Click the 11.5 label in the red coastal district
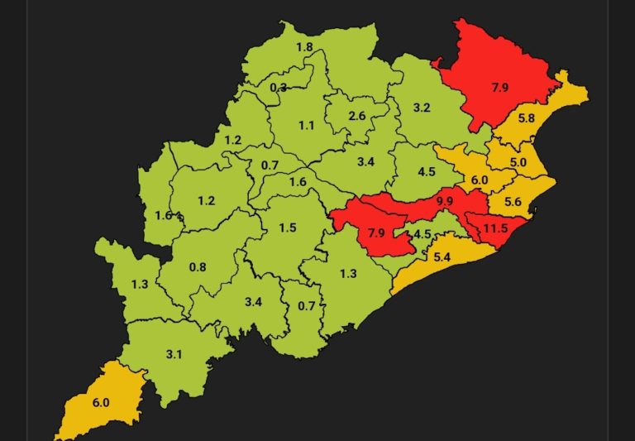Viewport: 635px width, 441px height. click(x=495, y=228)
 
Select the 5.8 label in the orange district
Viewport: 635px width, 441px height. click(x=526, y=119)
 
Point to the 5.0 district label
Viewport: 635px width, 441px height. click(x=518, y=162)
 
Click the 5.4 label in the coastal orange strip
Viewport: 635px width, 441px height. click(x=442, y=257)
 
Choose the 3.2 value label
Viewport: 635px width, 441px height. click(x=422, y=108)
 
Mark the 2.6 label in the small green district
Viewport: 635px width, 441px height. click(x=357, y=117)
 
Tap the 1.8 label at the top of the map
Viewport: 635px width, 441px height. click(x=304, y=48)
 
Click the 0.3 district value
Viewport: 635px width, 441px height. click(x=279, y=88)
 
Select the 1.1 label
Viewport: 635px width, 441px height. click(x=307, y=126)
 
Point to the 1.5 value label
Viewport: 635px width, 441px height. click(x=287, y=228)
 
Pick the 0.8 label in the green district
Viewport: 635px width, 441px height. click(x=198, y=266)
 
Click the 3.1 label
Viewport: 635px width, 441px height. click(x=174, y=354)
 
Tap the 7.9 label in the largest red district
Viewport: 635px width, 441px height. click(x=499, y=87)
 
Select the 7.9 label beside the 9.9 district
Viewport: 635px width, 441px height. click(x=376, y=233)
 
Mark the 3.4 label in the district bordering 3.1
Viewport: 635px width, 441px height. click(x=253, y=302)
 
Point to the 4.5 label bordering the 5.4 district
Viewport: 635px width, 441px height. click(x=422, y=234)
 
